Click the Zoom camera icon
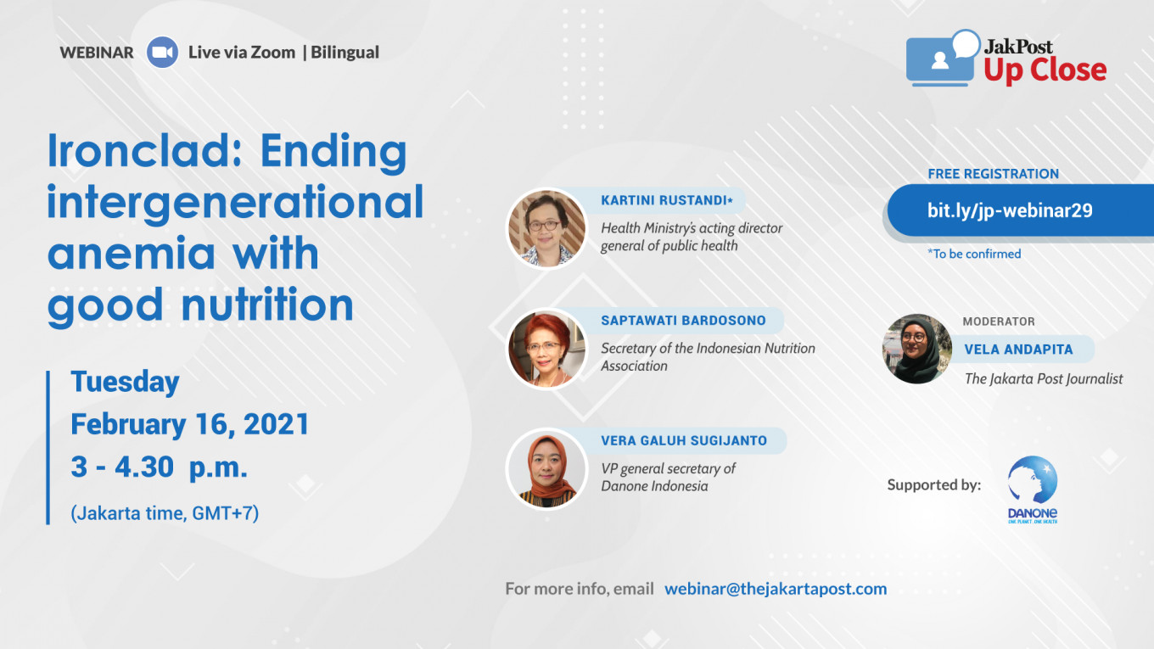tap(162, 52)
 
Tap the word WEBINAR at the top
tap(97, 53)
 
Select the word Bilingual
tap(345, 53)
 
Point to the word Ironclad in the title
tap(145, 151)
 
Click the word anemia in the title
tap(132, 254)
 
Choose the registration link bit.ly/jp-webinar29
tap(1010, 210)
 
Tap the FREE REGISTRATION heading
tap(994, 174)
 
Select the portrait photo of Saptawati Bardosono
tap(547, 349)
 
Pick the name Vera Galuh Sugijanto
tap(684, 441)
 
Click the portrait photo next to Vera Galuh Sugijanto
tap(547, 469)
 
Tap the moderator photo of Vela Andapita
tap(917, 349)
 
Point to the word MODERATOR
tap(999, 322)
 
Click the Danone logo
tap(1033, 490)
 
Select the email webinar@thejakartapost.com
tap(776, 589)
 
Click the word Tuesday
tap(126, 382)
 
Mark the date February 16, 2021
tap(189, 424)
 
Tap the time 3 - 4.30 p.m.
tap(160, 467)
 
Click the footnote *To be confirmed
tap(974, 254)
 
